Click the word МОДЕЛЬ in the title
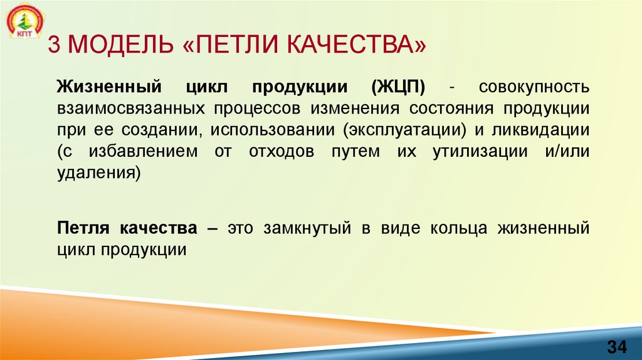[x=122, y=45]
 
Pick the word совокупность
[x=534, y=86]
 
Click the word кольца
[x=458, y=227]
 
